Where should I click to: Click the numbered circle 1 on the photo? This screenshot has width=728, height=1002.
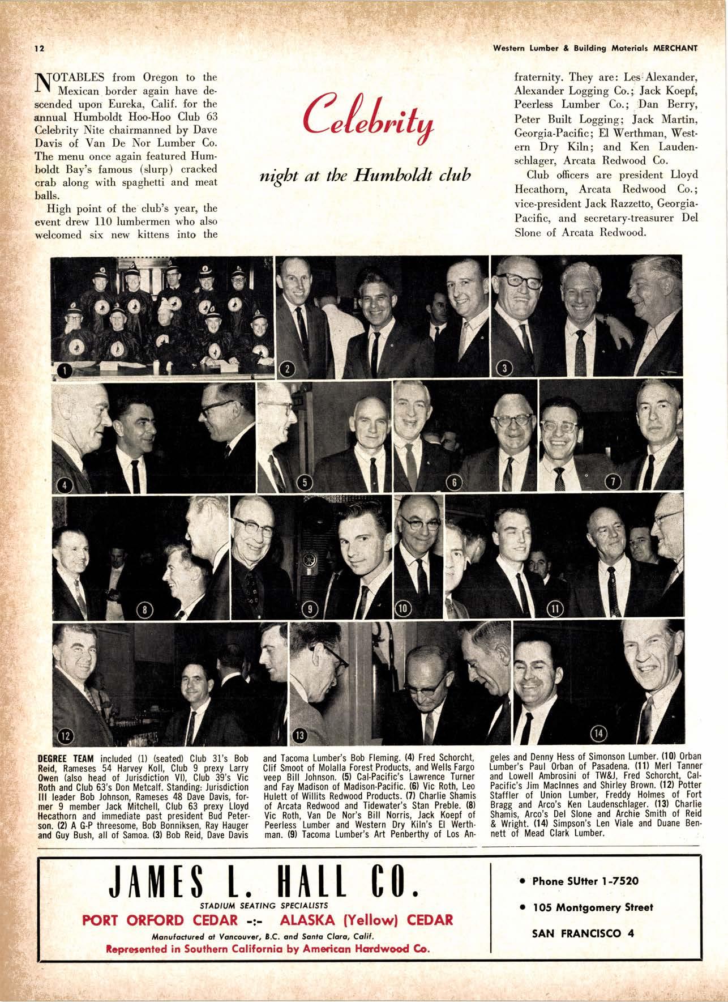coord(65,371)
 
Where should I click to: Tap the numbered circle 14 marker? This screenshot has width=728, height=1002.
coord(599,734)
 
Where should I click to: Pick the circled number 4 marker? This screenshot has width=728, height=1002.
coord(65,487)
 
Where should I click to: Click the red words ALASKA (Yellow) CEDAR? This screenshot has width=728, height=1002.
coord(367,919)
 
